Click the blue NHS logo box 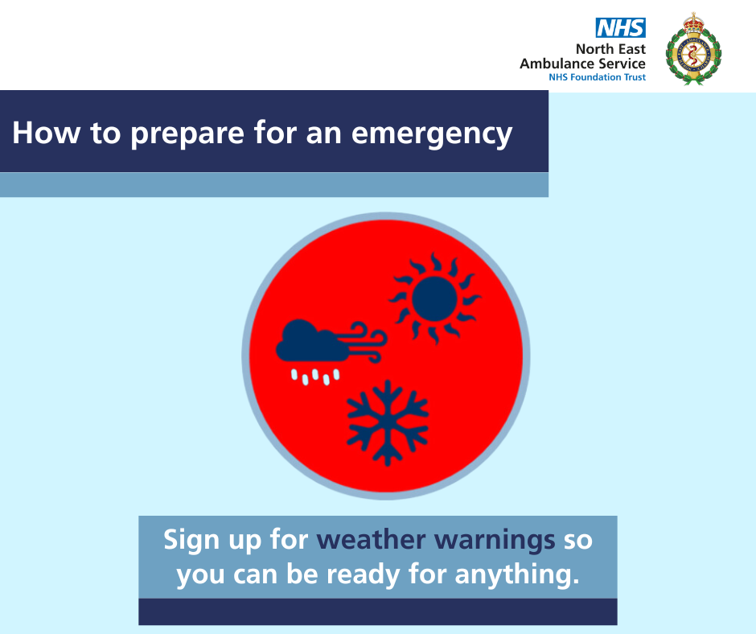click(621, 27)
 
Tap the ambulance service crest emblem click(693, 49)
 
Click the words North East click(610, 49)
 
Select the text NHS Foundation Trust click(597, 77)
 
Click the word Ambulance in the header click(557, 64)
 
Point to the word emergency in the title click(432, 134)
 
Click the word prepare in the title click(187, 134)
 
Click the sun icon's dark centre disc click(434, 298)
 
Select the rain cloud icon click(312, 341)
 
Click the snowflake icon click(388, 422)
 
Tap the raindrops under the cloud click(315, 377)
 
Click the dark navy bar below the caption click(378, 611)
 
